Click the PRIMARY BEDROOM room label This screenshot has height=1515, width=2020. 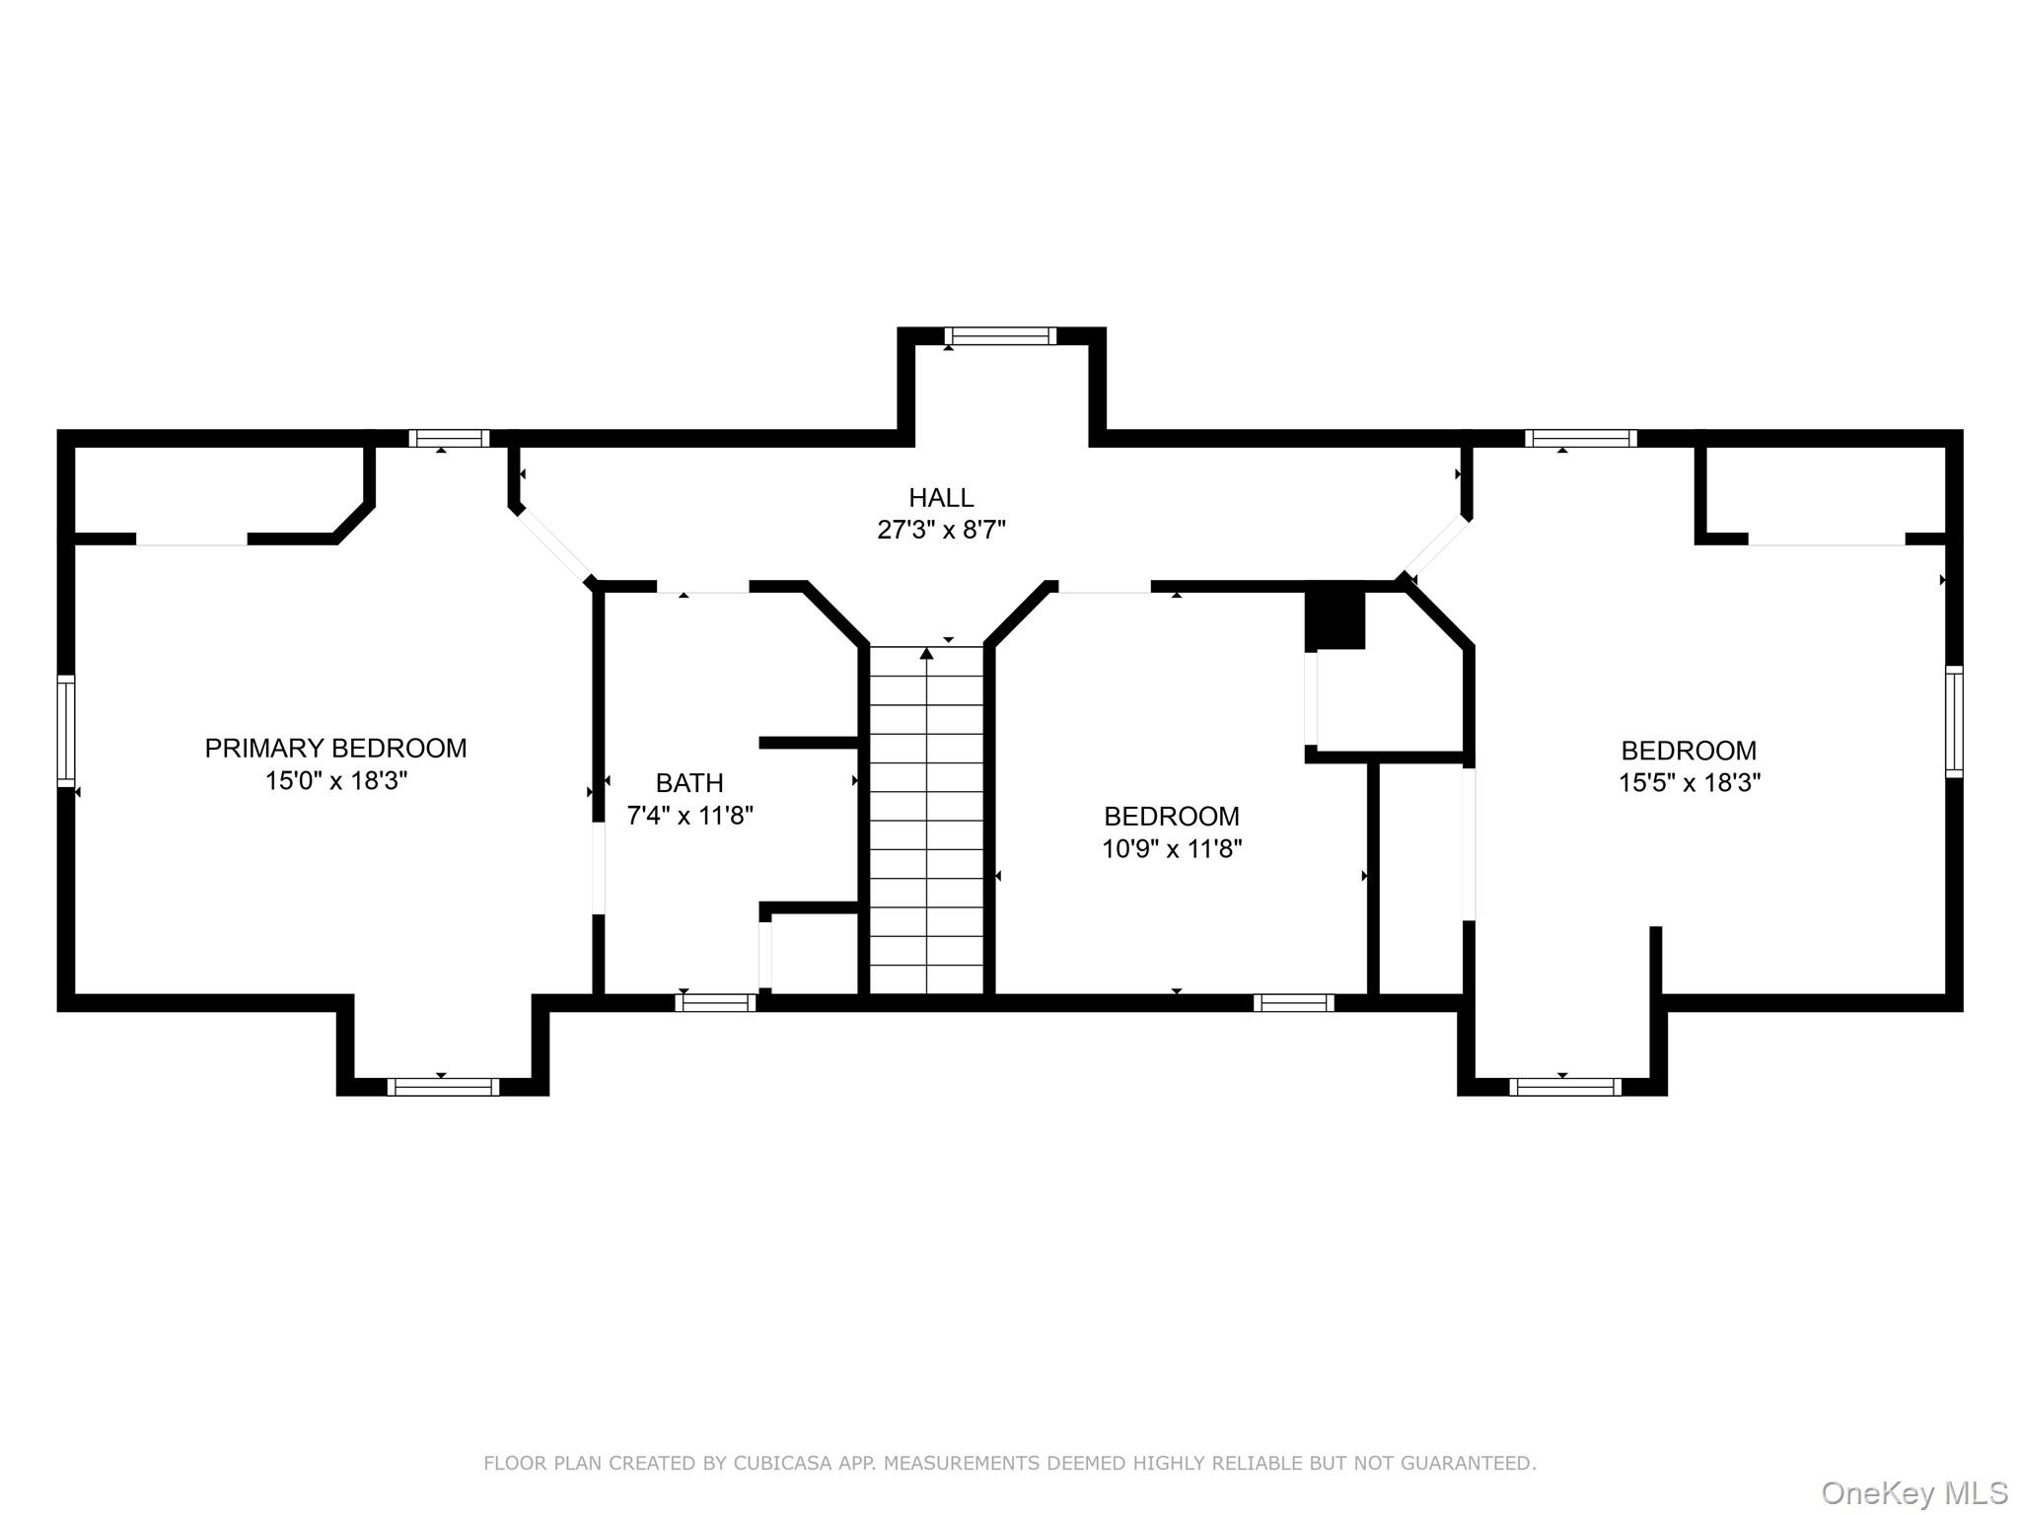pyautogui.click(x=335, y=748)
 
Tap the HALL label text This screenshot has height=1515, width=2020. pyautogui.click(x=941, y=497)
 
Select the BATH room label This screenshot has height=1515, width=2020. pyautogui.click(x=689, y=783)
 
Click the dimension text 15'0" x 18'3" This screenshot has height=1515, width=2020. pyautogui.click(x=335, y=781)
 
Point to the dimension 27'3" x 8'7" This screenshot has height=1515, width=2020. pyautogui.click(x=941, y=531)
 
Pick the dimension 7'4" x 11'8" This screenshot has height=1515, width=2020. pyautogui.click(x=689, y=816)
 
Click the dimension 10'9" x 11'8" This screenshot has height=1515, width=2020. pyautogui.click(x=1172, y=848)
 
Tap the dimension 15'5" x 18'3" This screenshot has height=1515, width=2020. pyautogui.click(x=1690, y=783)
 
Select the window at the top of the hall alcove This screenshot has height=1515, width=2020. pyautogui.click(x=1000, y=336)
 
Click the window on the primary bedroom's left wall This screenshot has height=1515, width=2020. pyautogui.click(x=66, y=730)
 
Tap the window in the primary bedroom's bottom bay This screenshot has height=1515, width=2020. pyautogui.click(x=443, y=1087)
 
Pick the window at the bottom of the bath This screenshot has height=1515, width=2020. pyautogui.click(x=715, y=1003)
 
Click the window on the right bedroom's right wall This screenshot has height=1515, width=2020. pyautogui.click(x=1954, y=722)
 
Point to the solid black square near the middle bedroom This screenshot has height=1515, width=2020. pyautogui.click(x=1335, y=619)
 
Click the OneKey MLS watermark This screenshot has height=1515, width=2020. pyautogui.click(x=1914, y=1492)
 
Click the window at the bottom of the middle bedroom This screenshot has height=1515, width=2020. pyautogui.click(x=1294, y=1003)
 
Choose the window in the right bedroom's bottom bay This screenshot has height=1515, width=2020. pyautogui.click(x=1565, y=1087)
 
